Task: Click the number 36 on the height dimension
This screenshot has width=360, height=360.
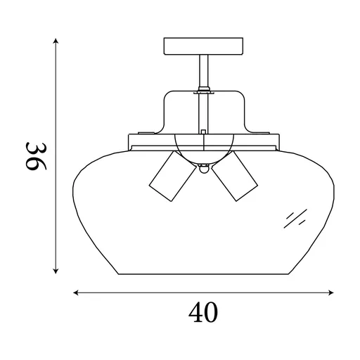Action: click(35, 157)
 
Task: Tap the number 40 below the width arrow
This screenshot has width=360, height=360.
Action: click(203, 311)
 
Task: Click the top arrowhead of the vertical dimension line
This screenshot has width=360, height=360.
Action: click(56, 41)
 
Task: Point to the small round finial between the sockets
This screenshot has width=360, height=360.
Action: click(203, 169)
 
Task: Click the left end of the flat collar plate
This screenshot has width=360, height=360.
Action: click(131, 141)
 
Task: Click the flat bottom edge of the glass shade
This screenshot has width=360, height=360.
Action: click(203, 274)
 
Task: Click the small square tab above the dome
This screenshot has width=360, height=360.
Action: click(202, 131)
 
